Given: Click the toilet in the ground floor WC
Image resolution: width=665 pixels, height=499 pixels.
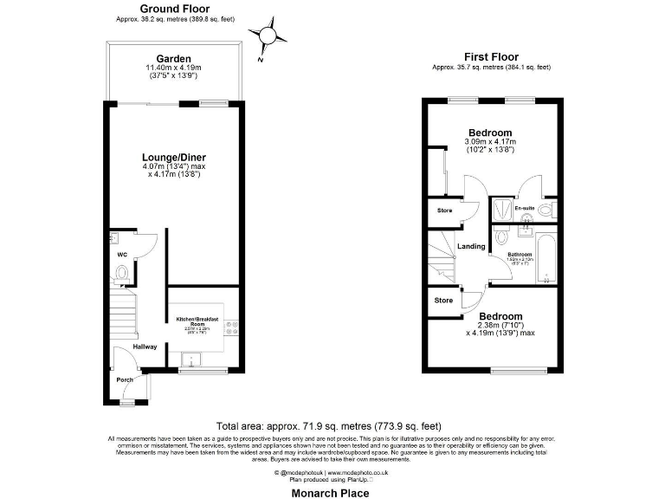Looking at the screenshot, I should pos(121,275).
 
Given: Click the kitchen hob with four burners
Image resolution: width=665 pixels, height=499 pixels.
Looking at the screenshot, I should pos(231,327).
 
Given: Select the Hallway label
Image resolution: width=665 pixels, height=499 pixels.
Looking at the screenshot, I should pos(145,347).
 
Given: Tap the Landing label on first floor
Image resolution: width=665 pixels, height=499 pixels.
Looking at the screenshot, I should pos(471,247).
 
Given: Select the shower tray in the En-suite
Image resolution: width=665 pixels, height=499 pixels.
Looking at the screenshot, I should pos(501,209).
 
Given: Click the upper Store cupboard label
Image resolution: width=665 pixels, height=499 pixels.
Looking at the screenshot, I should pos(444,211).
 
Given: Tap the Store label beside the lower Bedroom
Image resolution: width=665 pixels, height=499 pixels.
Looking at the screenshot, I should pos(444,301).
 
